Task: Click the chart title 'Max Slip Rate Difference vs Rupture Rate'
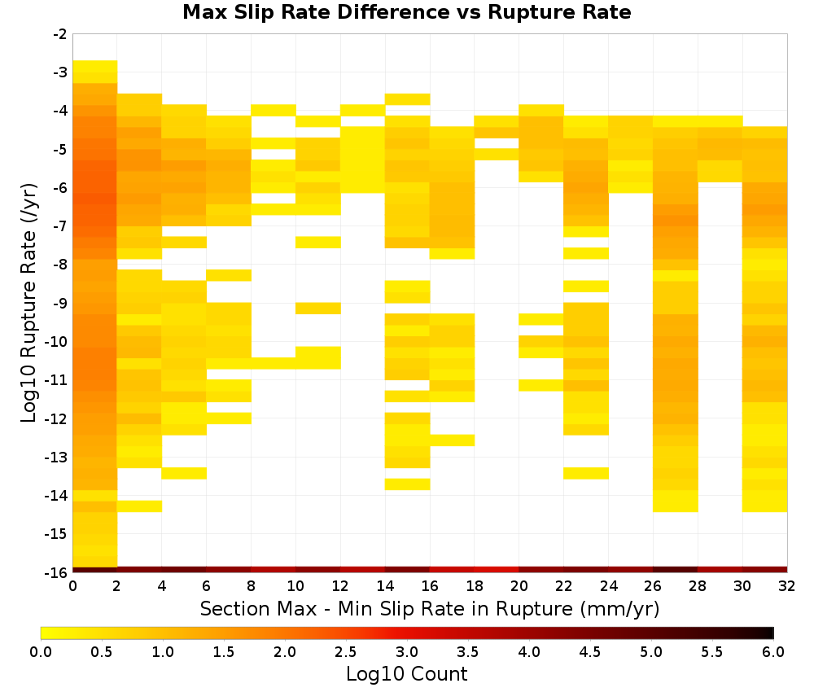pyautogui.click(x=406, y=12)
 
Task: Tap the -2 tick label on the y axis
pyautogui.click(x=61, y=34)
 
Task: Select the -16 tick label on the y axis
pyautogui.click(x=56, y=572)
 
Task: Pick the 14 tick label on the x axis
pyautogui.click(x=385, y=586)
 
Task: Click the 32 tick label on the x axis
pyautogui.click(x=787, y=586)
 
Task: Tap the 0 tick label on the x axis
pyautogui.click(x=72, y=586)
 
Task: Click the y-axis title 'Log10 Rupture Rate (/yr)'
pyautogui.click(x=28, y=303)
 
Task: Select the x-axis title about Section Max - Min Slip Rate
pyautogui.click(x=430, y=608)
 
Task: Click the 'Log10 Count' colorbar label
pyautogui.click(x=406, y=674)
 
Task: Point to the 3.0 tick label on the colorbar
pyautogui.click(x=407, y=652)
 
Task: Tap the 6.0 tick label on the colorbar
pyautogui.click(x=773, y=652)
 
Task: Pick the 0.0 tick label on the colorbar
pyautogui.click(x=41, y=652)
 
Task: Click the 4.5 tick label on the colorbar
pyautogui.click(x=589, y=652)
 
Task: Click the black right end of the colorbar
pyautogui.click(x=771, y=633)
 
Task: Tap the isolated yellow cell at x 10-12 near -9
pyautogui.click(x=318, y=309)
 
